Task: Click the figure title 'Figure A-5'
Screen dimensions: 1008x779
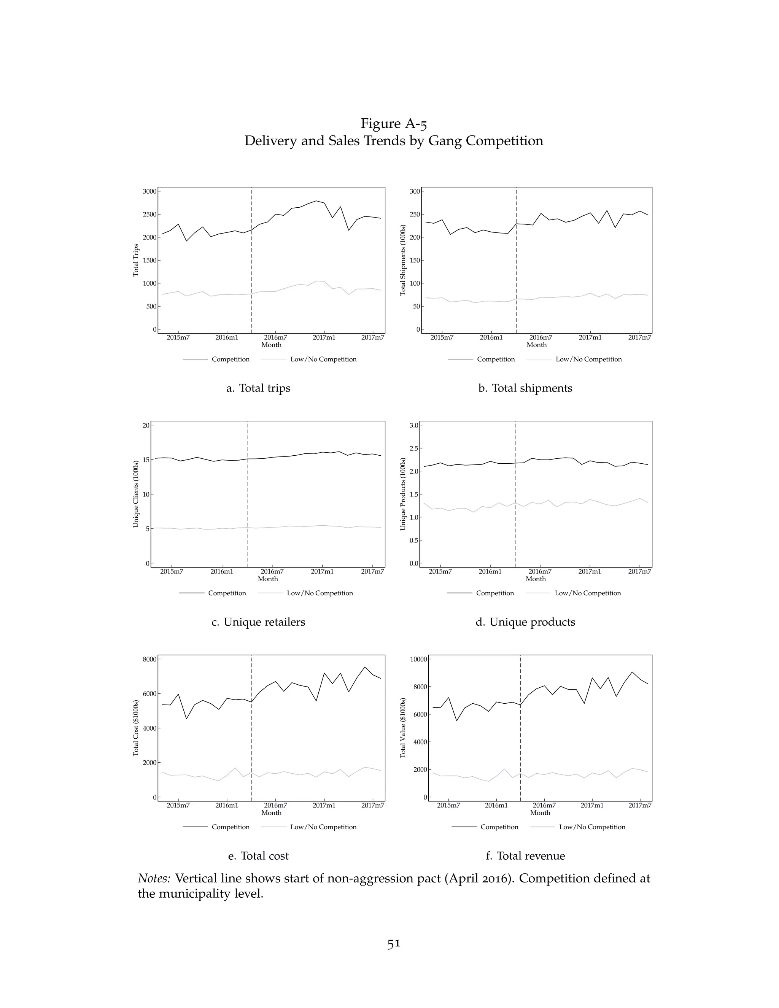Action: point(394,124)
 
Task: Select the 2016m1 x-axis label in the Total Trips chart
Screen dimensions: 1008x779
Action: point(227,337)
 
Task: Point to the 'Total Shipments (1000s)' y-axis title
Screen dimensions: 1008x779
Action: point(403,260)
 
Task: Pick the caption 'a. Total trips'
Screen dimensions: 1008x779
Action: point(258,388)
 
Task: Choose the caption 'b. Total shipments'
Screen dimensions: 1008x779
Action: point(525,388)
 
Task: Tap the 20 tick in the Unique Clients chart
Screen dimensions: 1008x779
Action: point(145,426)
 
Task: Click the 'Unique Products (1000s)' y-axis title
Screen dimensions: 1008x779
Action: point(403,494)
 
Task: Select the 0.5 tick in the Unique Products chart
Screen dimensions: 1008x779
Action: point(413,541)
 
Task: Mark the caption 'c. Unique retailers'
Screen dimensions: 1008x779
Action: point(258,622)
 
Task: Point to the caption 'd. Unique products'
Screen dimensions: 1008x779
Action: point(525,622)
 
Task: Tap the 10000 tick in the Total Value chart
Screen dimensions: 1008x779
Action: point(417,659)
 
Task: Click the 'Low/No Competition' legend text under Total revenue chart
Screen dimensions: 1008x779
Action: point(592,827)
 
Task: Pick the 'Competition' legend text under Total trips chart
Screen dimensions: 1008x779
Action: point(230,359)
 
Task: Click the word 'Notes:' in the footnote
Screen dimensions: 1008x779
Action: point(154,878)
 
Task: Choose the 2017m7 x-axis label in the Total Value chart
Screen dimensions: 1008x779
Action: point(640,805)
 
